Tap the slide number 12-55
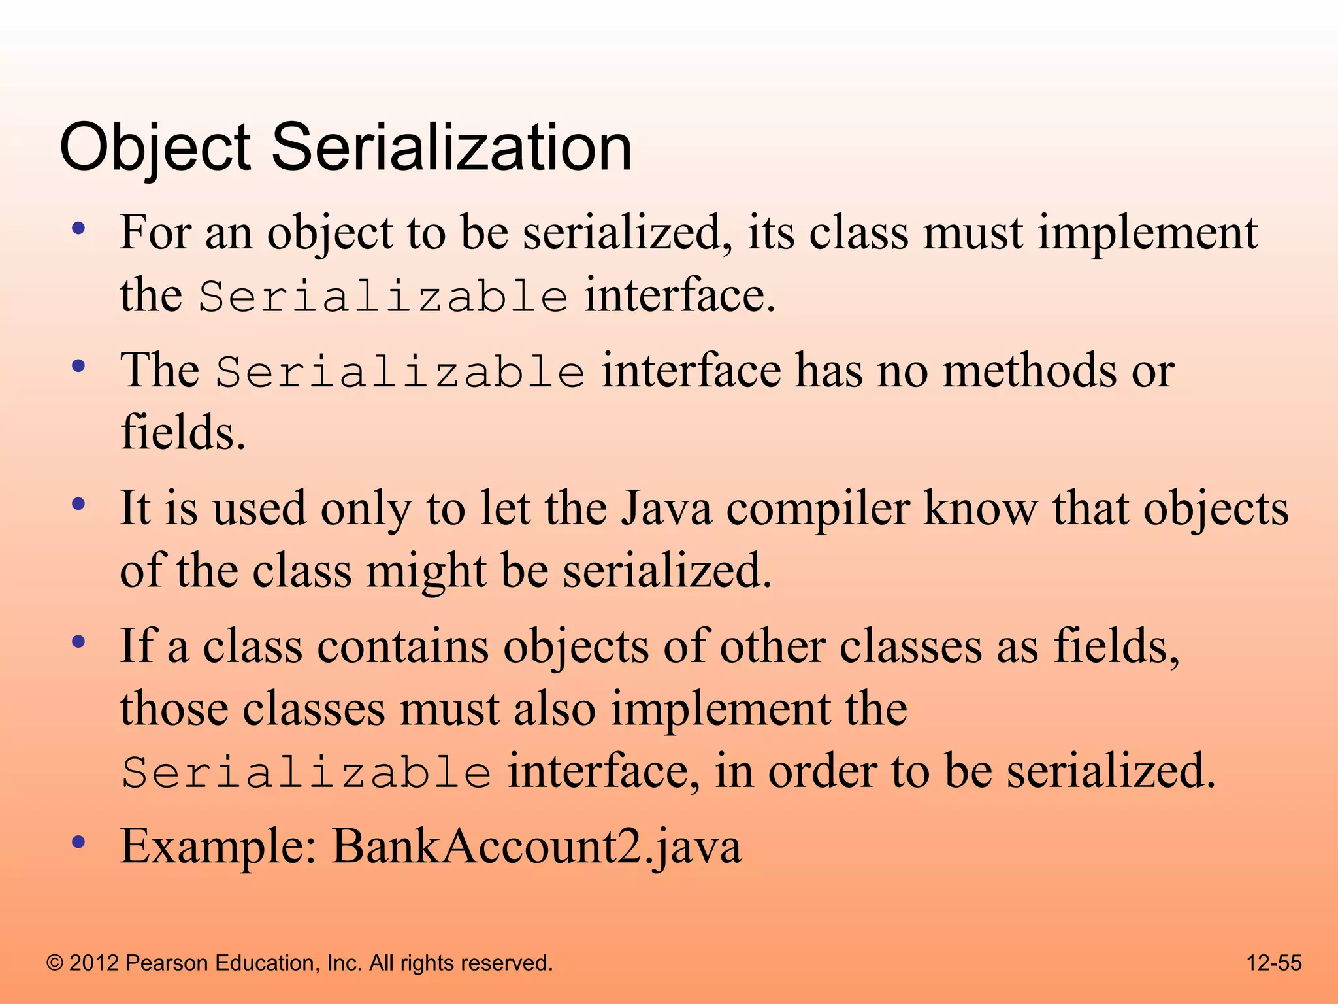point(1273,963)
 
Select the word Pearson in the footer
point(166,963)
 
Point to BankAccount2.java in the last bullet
point(536,846)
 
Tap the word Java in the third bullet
point(666,509)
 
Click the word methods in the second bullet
point(1030,371)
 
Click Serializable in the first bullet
point(383,297)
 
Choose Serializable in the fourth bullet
point(306,773)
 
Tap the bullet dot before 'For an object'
point(79,229)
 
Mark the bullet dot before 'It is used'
point(79,505)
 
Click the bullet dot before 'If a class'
point(79,642)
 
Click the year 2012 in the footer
point(94,963)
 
